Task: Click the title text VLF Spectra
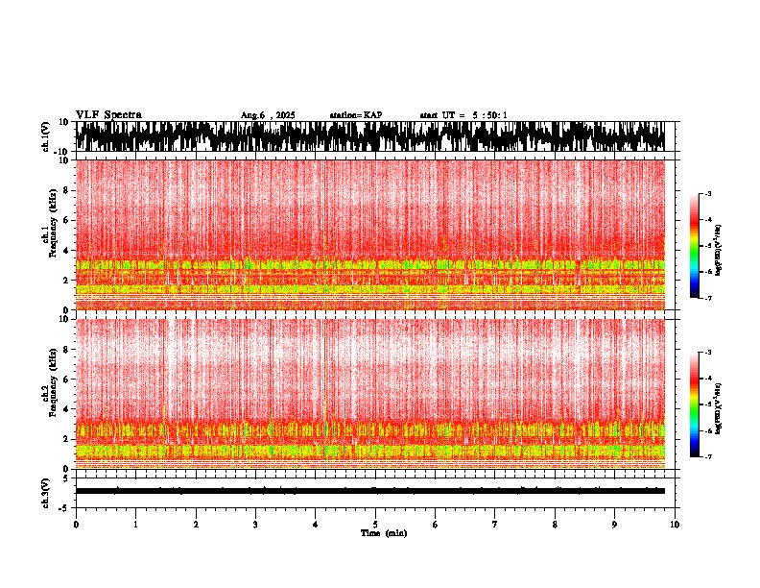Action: point(108,114)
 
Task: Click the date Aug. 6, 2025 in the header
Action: point(268,115)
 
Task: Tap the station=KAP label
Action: point(355,115)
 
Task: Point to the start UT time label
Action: point(463,115)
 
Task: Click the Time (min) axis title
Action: point(383,533)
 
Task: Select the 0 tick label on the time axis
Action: point(76,525)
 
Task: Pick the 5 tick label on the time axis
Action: point(375,525)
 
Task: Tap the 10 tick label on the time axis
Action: point(675,525)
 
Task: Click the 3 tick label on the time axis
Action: point(255,525)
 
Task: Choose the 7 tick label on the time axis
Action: point(495,525)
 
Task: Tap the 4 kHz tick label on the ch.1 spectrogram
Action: point(64,250)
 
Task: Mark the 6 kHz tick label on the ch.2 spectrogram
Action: point(64,379)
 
